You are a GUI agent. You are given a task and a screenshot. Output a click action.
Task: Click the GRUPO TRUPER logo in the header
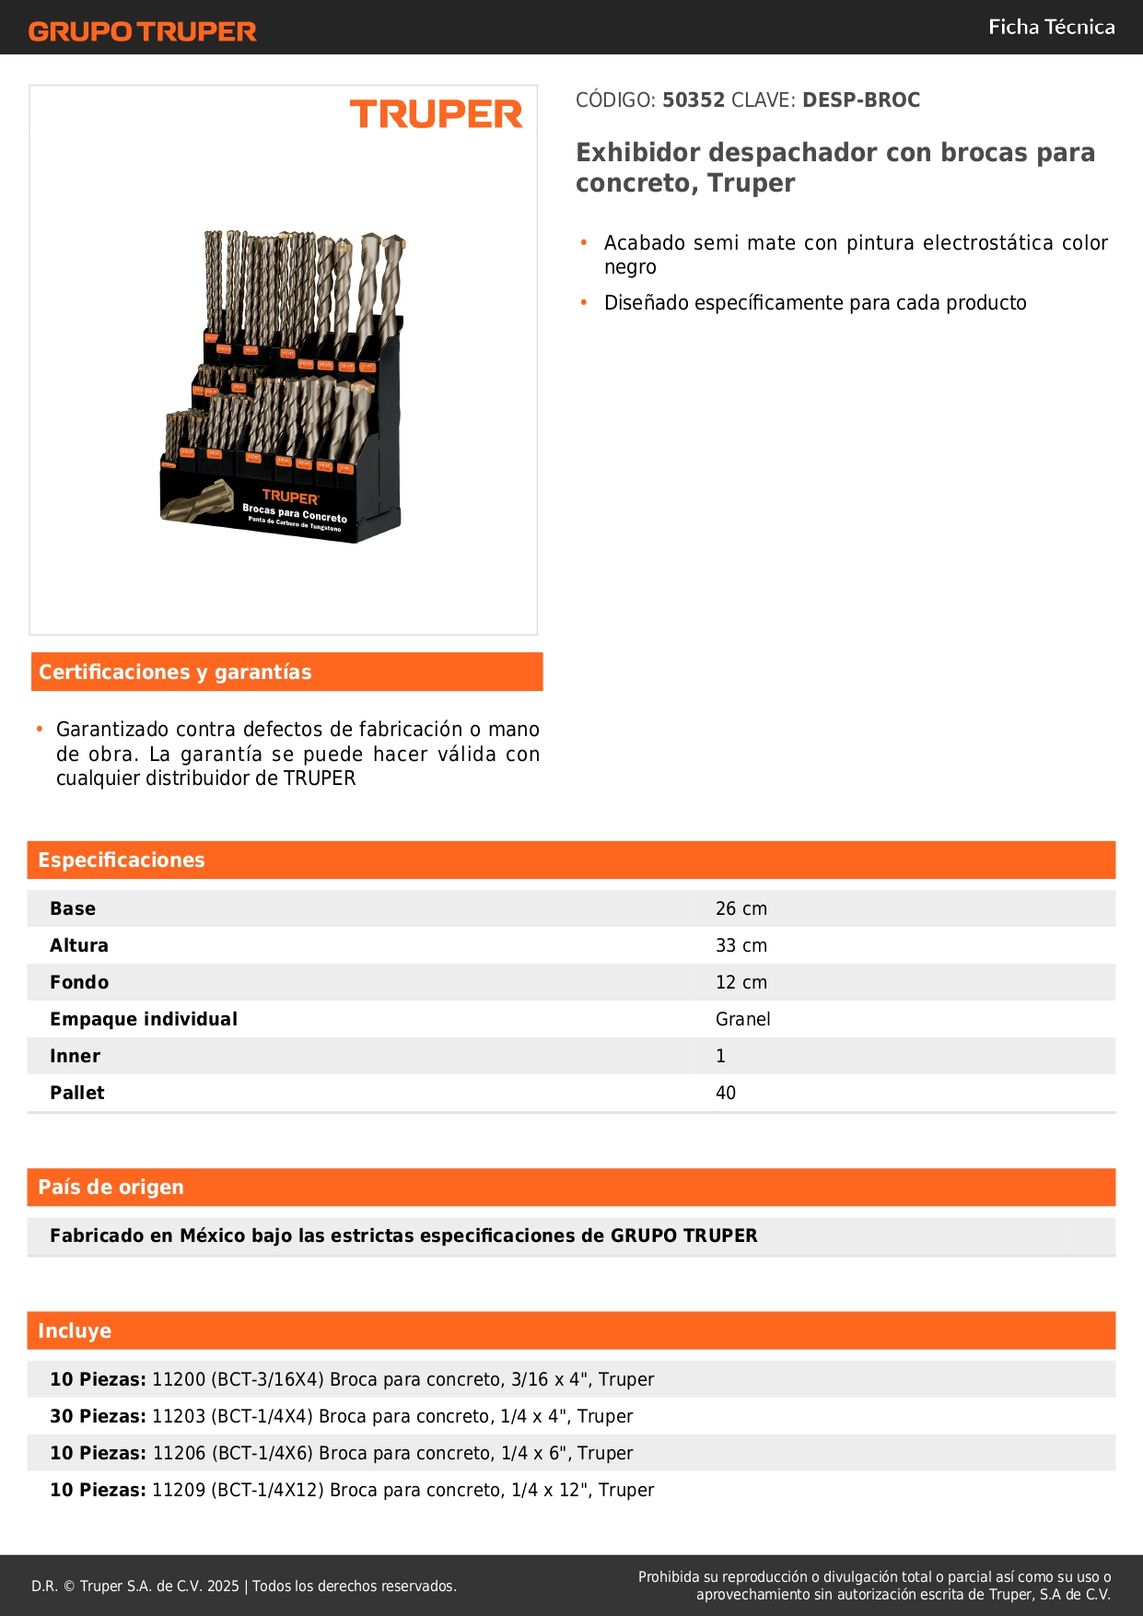(143, 31)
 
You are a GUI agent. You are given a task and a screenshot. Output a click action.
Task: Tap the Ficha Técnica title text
(1051, 28)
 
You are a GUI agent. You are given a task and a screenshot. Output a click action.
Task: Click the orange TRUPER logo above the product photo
(436, 115)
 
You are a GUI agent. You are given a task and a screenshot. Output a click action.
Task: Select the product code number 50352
(694, 100)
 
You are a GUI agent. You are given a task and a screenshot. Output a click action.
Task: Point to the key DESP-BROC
(861, 100)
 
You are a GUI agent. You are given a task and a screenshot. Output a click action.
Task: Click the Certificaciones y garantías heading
(175, 673)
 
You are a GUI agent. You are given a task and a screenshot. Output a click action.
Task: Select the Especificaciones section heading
(122, 861)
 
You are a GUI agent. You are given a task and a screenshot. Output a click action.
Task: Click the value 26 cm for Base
(741, 909)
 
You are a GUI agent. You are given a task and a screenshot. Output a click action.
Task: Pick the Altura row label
(79, 946)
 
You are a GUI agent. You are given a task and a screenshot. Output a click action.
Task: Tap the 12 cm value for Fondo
(741, 983)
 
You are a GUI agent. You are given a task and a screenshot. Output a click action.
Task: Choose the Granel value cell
(742, 1020)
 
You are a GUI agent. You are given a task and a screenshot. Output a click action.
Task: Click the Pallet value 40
(726, 1094)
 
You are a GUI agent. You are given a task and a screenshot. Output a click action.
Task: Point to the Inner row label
(75, 1057)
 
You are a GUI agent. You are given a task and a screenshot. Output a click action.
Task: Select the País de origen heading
(111, 1188)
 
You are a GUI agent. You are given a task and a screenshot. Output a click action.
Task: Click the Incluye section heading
(75, 1331)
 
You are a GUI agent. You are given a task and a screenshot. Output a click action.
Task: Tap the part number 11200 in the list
(179, 1380)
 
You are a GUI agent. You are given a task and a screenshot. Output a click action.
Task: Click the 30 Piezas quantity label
(98, 1417)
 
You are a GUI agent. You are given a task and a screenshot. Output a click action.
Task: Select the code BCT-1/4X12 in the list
(267, 1491)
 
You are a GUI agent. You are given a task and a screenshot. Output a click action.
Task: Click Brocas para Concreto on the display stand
(295, 513)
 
